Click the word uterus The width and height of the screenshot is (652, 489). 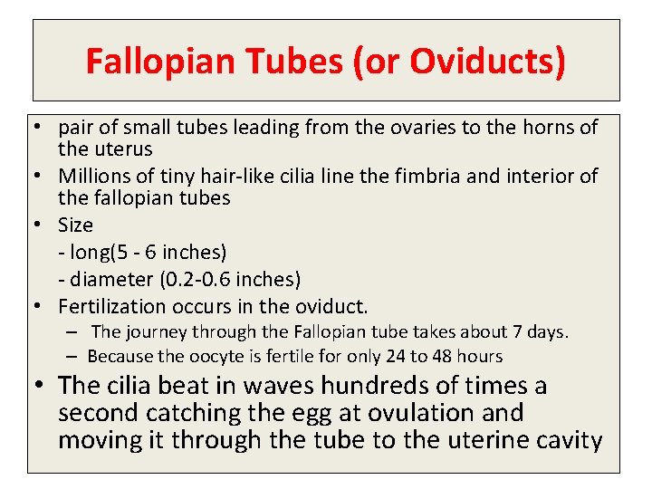tap(120, 149)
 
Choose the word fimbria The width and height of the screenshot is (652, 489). tap(435, 176)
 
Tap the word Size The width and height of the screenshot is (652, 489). tap(75, 225)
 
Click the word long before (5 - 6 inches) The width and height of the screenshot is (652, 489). tap(87, 252)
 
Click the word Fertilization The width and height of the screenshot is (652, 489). tap(112, 306)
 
